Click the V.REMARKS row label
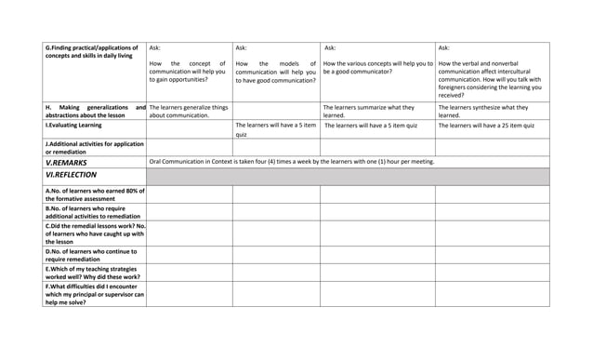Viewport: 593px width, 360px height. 66,162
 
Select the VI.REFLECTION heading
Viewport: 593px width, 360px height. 71,175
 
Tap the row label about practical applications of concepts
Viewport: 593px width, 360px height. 92,51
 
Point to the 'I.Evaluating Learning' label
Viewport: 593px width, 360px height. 73,125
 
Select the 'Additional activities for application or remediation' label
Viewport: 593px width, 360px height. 94,147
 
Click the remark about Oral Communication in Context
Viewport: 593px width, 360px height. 291,162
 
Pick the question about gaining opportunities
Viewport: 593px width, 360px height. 188,72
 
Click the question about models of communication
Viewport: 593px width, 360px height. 275,72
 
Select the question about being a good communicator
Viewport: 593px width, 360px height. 377,68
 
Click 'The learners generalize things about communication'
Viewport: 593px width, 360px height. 188,112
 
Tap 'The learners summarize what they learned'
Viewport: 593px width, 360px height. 368,112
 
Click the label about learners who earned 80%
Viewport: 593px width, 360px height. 94,193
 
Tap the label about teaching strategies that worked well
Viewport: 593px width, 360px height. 94,272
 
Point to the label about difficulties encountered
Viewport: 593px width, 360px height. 94,294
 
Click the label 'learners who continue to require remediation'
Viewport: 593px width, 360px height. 94,254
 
